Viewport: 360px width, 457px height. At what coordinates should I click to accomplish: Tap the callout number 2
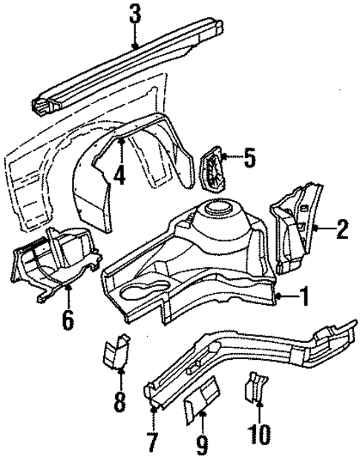pyautogui.click(x=341, y=228)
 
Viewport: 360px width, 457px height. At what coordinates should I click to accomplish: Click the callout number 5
pyautogui.click(x=249, y=157)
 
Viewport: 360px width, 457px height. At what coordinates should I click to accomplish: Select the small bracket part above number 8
pyautogui.click(x=116, y=352)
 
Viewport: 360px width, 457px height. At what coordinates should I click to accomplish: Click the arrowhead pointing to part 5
pyautogui.click(x=226, y=157)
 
